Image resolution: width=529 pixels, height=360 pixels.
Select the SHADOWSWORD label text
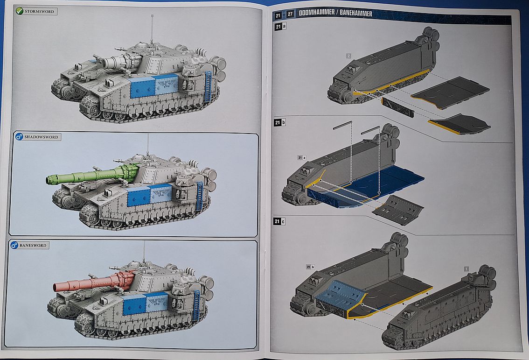click(x=43, y=137)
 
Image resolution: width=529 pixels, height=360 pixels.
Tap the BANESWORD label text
click(x=35, y=245)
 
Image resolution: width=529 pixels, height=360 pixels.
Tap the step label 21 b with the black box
click(x=280, y=123)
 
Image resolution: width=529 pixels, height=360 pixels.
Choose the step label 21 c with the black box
click(x=280, y=221)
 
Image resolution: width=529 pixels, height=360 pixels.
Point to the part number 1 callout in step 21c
click(x=466, y=268)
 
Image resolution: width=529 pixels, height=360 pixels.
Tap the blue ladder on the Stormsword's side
click(x=208, y=87)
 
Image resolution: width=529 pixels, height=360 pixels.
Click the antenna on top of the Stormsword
click(x=153, y=28)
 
